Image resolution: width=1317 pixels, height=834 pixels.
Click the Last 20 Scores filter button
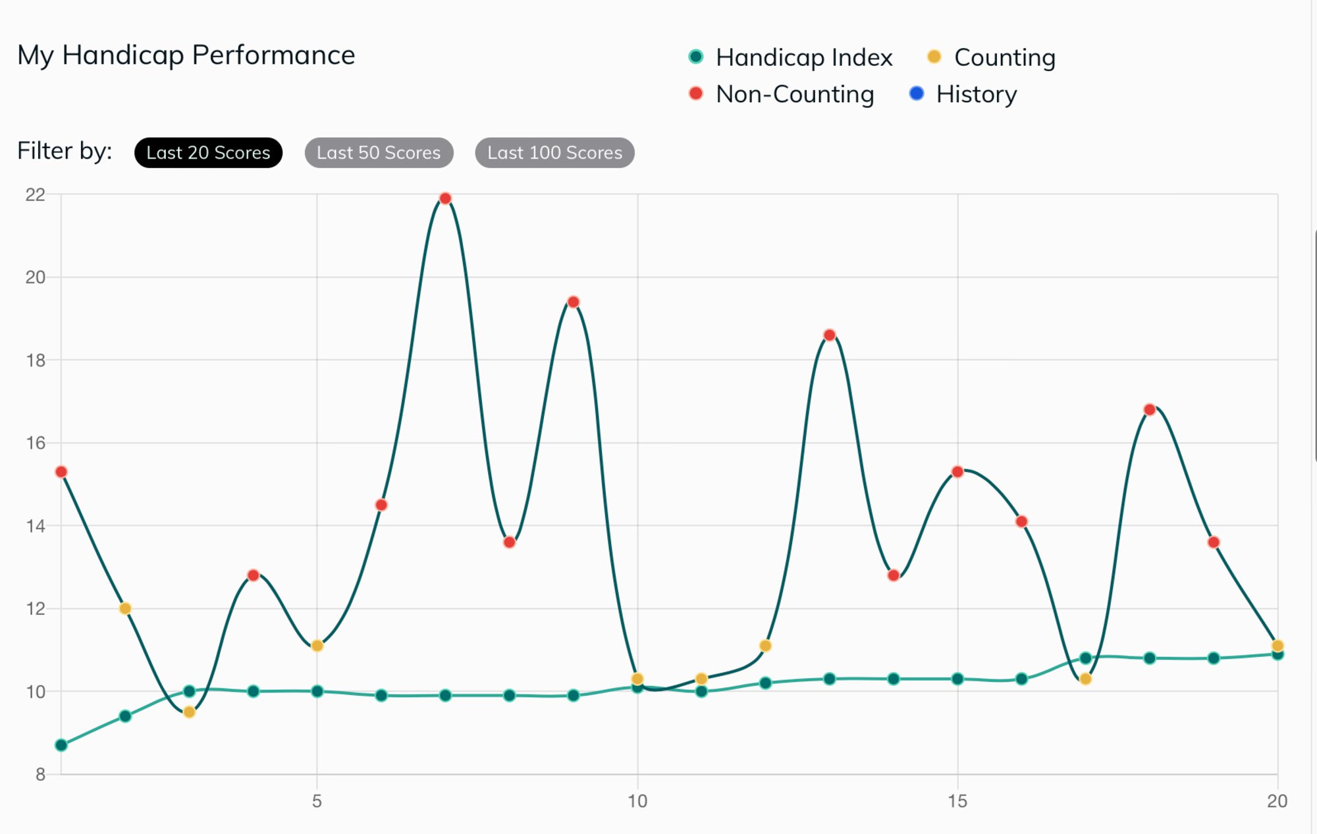[208, 153]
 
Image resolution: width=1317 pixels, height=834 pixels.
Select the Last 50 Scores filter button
[379, 153]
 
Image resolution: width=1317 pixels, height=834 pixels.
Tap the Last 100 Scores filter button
[554, 153]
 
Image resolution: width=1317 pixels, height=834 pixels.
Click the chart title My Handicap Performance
[186, 55]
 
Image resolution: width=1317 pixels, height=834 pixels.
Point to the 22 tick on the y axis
[36, 195]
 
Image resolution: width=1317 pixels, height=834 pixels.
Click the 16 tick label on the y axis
[36, 443]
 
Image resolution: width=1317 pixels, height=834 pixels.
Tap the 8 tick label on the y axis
[40, 774]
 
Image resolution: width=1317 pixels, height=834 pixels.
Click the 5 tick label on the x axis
[317, 801]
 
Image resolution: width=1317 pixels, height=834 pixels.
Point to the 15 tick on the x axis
[957, 801]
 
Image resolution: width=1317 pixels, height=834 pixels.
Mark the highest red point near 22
[445, 199]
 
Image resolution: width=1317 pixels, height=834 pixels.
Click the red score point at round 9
[573, 302]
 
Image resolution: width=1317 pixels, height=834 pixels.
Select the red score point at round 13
[830, 335]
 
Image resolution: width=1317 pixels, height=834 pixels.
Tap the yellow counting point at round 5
[317, 646]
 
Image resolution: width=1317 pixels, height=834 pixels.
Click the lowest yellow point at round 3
[189, 712]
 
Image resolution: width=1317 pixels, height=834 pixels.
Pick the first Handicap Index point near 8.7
[61, 745]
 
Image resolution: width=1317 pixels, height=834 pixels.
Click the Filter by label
[65, 151]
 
